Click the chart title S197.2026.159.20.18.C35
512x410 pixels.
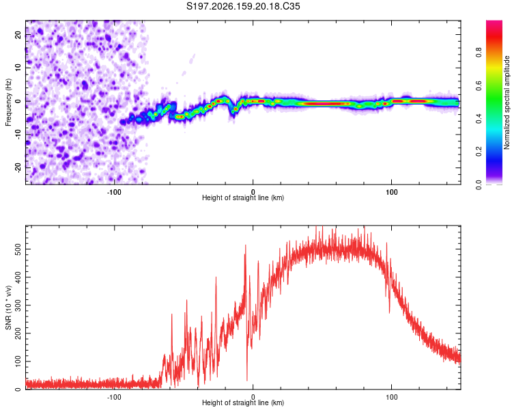point(243,6)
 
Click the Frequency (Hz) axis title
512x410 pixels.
point(8,102)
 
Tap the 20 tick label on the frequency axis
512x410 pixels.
point(18,34)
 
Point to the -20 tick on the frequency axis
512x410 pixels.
point(18,167)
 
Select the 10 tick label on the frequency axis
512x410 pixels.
point(18,68)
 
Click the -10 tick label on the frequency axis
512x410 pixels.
point(18,134)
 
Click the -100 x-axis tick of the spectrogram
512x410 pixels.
point(114,192)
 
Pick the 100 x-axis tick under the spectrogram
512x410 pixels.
point(392,192)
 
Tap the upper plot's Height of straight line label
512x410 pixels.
point(243,197)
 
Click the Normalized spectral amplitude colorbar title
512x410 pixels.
point(507,102)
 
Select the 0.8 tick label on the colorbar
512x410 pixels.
point(479,52)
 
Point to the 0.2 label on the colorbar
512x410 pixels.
point(479,152)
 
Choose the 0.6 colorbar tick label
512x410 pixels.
point(479,85)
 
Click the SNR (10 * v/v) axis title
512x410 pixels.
point(8,307)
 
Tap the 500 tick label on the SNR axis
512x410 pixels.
point(18,249)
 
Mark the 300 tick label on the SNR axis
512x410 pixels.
point(18,305)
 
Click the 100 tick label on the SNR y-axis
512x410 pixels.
point(18,361)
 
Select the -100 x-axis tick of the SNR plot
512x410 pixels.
point(114,397)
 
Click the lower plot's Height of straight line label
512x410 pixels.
point(243,402)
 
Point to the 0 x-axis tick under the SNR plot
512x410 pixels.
point(253,397)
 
